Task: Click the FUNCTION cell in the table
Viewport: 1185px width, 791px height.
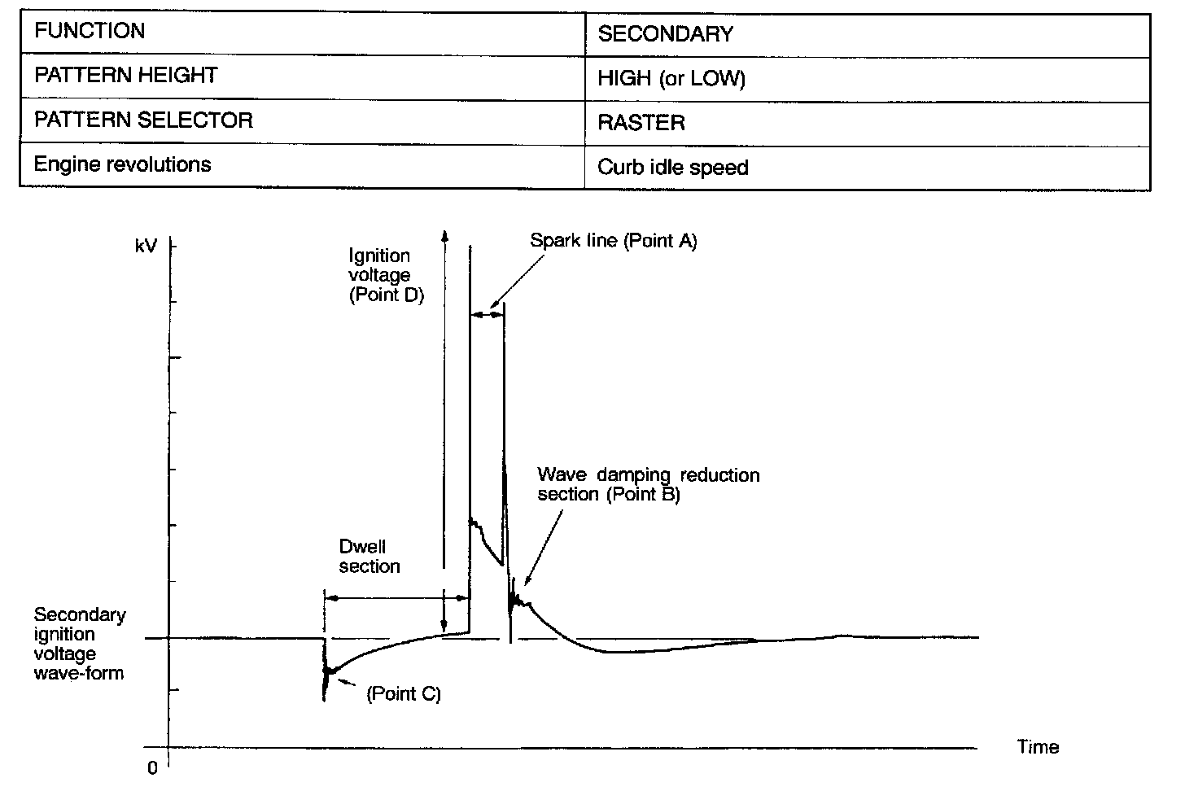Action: point(90,32)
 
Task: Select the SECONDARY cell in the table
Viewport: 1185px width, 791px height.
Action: point(665,34)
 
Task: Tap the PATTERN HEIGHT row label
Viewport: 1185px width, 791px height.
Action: point(126,76)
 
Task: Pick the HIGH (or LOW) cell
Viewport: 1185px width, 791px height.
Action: point(671,79)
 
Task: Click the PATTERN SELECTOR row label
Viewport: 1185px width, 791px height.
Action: point(143,120)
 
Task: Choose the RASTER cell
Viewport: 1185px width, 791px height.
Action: point(641,123)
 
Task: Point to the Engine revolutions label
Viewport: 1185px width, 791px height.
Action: point(122,164)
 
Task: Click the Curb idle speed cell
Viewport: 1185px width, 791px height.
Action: point(672,168)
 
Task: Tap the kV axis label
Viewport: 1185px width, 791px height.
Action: point(146,245)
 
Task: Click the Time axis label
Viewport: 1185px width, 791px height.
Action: point(1038,747)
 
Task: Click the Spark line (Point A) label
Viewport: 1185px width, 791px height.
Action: point(613,241)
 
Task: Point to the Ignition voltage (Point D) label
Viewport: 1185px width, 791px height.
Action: point(387,275)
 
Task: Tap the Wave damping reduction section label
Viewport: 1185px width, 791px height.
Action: point(648,484)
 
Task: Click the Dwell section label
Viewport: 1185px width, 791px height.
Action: point(369,557)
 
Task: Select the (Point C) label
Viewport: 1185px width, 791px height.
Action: point(404,694)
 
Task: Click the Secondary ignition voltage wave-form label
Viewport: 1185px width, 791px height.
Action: point(79,644)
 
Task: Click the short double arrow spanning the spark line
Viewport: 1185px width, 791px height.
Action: point(487,312)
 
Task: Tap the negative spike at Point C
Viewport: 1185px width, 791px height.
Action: point(326,680)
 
